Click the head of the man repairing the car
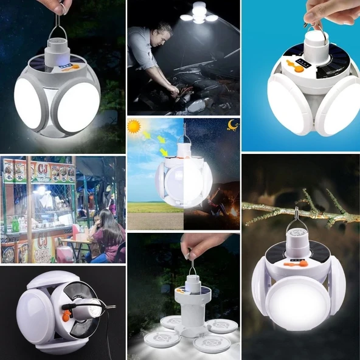(163, 34)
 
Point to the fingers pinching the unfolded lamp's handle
(193, 245)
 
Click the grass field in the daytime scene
(146, 207)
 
